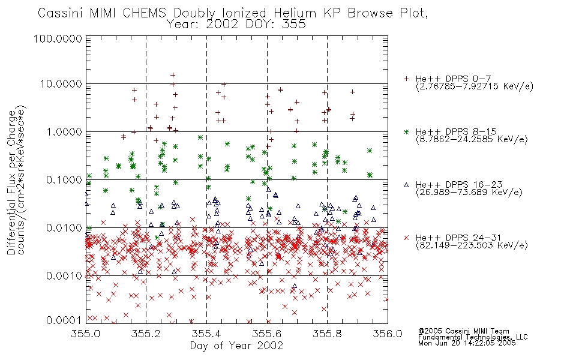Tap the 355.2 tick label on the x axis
(x=146, y=334)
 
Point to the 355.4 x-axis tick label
(x=207, y=334)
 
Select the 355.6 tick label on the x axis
(x=267, y=334)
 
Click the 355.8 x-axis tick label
(x=327, y=334)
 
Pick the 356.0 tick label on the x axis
(x=388, y=334)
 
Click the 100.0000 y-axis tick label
(x=58, y=38)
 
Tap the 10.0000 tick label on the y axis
(x=61, y=84)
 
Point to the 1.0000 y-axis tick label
(x=64, y=131)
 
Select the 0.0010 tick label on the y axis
(x=64, y=275)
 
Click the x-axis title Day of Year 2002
(x=236, y=346)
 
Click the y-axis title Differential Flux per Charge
(x=11, y=182)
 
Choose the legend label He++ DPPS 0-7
(x=454, y=79)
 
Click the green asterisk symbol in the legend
(x=406, y=131)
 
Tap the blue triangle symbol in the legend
(x=406, y=185)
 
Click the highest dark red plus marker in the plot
(x=173, y=75)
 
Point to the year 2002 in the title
(x=221, y=25)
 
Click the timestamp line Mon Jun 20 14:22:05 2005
(x=467, y=343)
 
